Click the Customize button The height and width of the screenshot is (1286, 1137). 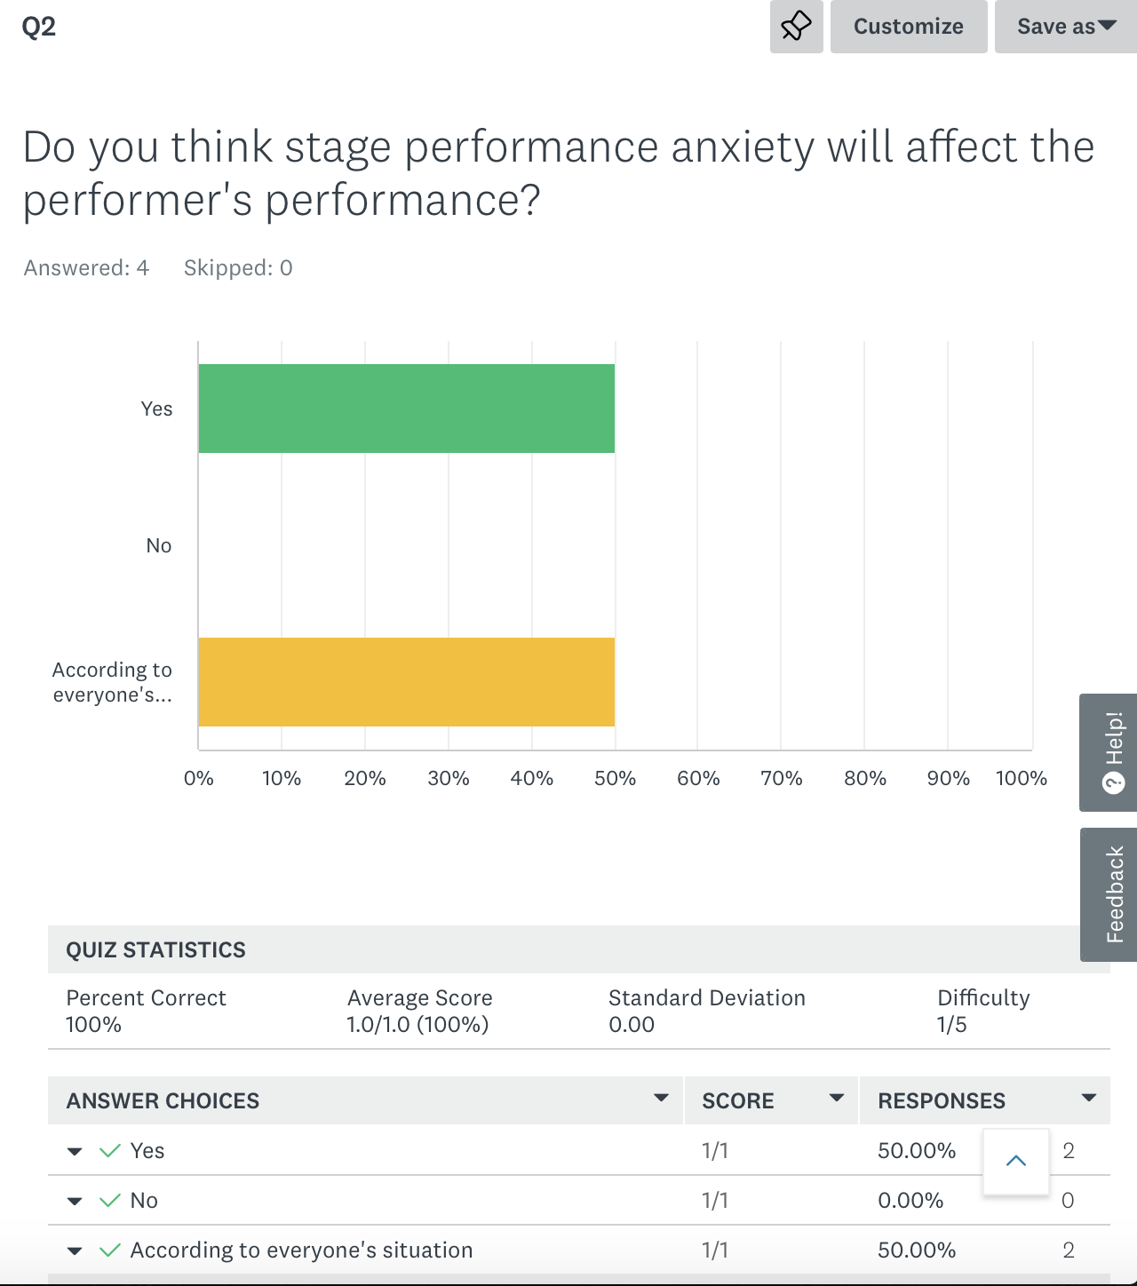pos(908,27)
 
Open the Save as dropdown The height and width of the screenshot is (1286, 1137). pos(1065,27)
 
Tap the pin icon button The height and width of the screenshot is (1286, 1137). pos(796,27)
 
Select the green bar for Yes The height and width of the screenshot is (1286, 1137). pos(406,409)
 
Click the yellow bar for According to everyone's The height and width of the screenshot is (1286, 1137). pos(406,682)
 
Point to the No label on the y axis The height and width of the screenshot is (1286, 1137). pos(158,545)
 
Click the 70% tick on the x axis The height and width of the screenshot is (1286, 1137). pos(781,779)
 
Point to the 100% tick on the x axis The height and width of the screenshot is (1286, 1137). pos(1021,779)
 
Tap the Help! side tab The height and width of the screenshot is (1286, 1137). pos(1109,752)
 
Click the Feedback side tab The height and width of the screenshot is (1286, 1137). pos(1109,894)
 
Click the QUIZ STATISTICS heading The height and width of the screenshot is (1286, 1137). pos(155,949)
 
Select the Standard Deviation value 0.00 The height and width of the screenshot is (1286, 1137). pos(631,1025)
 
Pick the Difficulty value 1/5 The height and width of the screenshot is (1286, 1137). pos(951,1025)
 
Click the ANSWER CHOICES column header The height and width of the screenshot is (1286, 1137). pos(163,1101)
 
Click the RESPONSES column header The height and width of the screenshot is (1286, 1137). pos(941,1101)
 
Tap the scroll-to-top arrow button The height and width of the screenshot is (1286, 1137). pos(1016,1161)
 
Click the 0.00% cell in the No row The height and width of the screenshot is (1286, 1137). pos(910,1201)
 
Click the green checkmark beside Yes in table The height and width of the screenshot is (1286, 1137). pos(110,1151)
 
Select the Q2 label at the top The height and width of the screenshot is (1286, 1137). pos(38,27)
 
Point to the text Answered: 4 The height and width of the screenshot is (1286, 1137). pos(86,268)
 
